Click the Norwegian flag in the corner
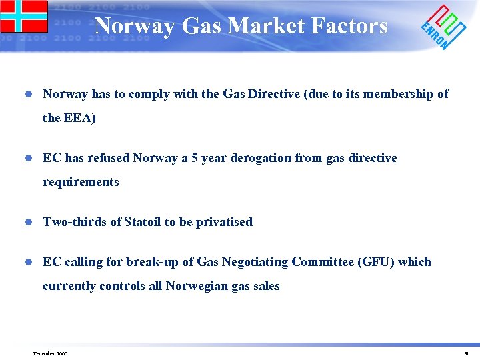[x=24, y=16]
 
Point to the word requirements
[x=81, y=182]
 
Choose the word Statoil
[x=146, y=222]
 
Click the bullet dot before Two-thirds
[x=27, y=222]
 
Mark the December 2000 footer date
[x=50, y=353]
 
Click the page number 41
[x=466, y=353]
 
